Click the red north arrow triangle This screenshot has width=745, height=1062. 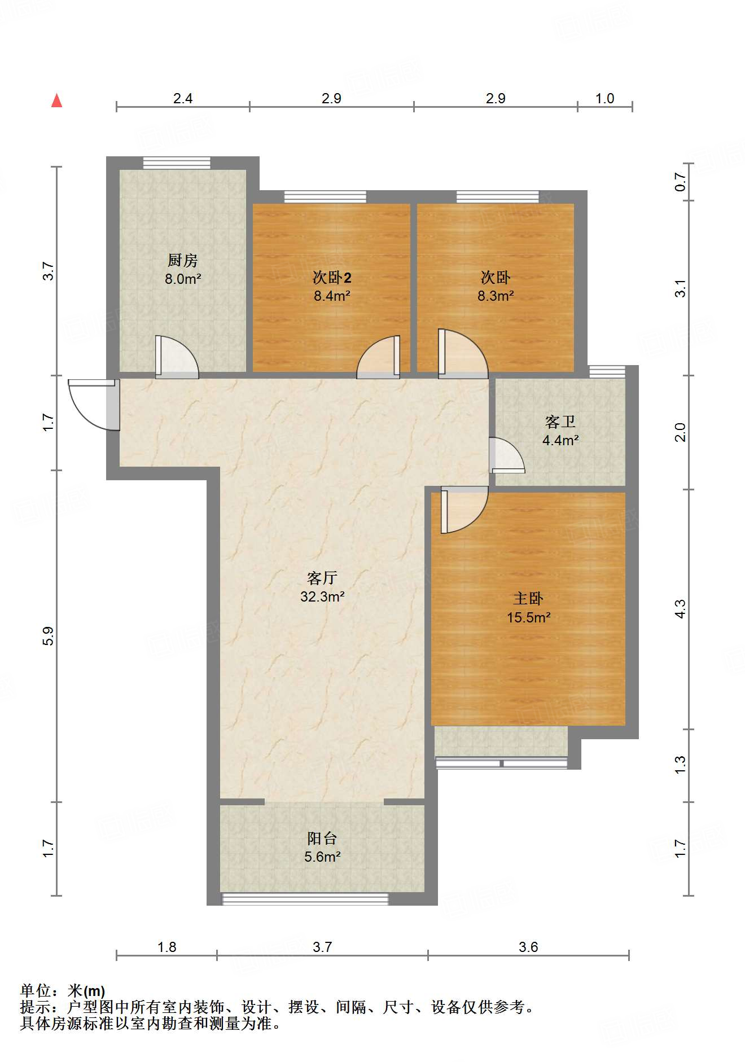56,101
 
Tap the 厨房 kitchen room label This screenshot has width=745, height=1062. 182,261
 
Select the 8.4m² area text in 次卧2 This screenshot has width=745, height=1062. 332,296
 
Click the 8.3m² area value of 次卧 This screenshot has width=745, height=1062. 495,296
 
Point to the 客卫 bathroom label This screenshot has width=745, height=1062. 560,422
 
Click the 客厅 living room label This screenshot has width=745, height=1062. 322,578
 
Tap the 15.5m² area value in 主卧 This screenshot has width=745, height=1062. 528,617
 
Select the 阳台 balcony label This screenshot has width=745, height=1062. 322,838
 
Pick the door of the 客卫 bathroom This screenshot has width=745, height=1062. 505,455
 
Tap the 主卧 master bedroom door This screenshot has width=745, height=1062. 463,511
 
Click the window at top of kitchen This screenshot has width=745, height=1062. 177,163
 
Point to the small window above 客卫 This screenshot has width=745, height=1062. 607,371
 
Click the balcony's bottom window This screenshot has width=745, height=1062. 305,898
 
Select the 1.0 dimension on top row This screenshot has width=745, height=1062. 604,99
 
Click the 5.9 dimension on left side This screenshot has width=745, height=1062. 49,635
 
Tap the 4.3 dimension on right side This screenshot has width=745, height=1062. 681,609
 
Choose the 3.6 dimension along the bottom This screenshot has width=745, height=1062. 528,947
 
